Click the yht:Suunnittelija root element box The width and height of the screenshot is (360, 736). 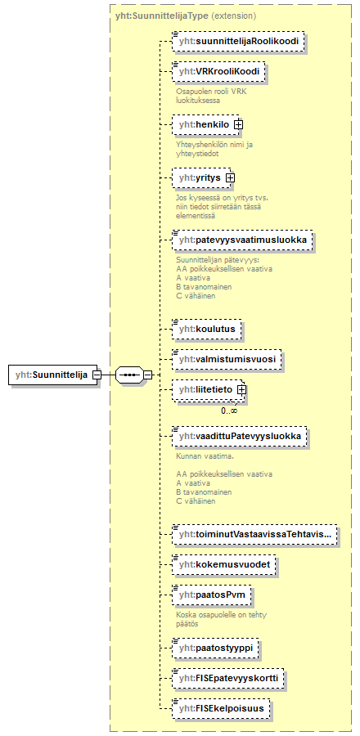click(53, 375)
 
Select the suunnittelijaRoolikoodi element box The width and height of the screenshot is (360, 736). click(238, 42)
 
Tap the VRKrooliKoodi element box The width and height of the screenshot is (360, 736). click(218, 72)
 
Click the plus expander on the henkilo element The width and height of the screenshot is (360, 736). click(238, 124)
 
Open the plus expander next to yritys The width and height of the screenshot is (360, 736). click(230, 177)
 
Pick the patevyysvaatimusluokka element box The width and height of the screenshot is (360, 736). click(242, 240)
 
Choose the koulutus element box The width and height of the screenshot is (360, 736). click(206, 329)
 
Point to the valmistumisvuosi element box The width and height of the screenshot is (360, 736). click(227, 359)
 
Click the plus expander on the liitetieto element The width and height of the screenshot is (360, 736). click(241, 389)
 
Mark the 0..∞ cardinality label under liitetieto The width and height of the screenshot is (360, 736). click(229, 411)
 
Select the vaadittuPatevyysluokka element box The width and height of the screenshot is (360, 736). click(240, 436)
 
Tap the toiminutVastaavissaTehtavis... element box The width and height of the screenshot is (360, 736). click(254, 534)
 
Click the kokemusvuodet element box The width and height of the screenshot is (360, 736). click(223, 564)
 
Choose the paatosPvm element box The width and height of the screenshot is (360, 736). click(212, 595)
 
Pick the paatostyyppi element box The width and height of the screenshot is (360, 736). click(216, 648)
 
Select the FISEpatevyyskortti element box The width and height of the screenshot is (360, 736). click(228, 678)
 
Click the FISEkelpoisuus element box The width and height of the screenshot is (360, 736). click(221, 709)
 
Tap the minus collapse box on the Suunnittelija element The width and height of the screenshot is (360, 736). click(97, 375)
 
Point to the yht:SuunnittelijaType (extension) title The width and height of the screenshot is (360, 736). click(186, 16)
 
